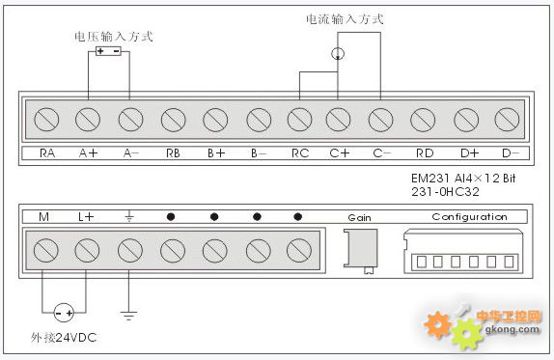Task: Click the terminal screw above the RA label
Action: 46,120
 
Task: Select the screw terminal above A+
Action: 89,120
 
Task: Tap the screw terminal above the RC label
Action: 299,120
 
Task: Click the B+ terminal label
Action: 215,152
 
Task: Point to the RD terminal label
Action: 424,152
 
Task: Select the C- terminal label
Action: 381,152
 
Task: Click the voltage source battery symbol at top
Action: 108,51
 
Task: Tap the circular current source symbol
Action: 337,54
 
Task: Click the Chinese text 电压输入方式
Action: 114,36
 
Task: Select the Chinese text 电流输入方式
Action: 345,18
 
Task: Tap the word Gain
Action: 359,217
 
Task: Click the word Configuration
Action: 469,217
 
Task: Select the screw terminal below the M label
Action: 45,251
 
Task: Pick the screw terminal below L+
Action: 88,251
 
